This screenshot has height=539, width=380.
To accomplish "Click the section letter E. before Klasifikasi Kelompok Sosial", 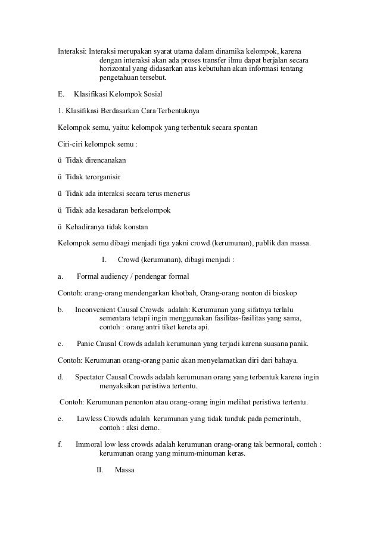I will point(60,94).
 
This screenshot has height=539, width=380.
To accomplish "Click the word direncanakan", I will point(105,160).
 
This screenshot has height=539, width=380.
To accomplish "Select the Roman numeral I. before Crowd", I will point(104,260).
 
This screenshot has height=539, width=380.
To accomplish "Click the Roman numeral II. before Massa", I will point(100,470).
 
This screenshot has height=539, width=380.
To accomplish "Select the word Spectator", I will point(92,377).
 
